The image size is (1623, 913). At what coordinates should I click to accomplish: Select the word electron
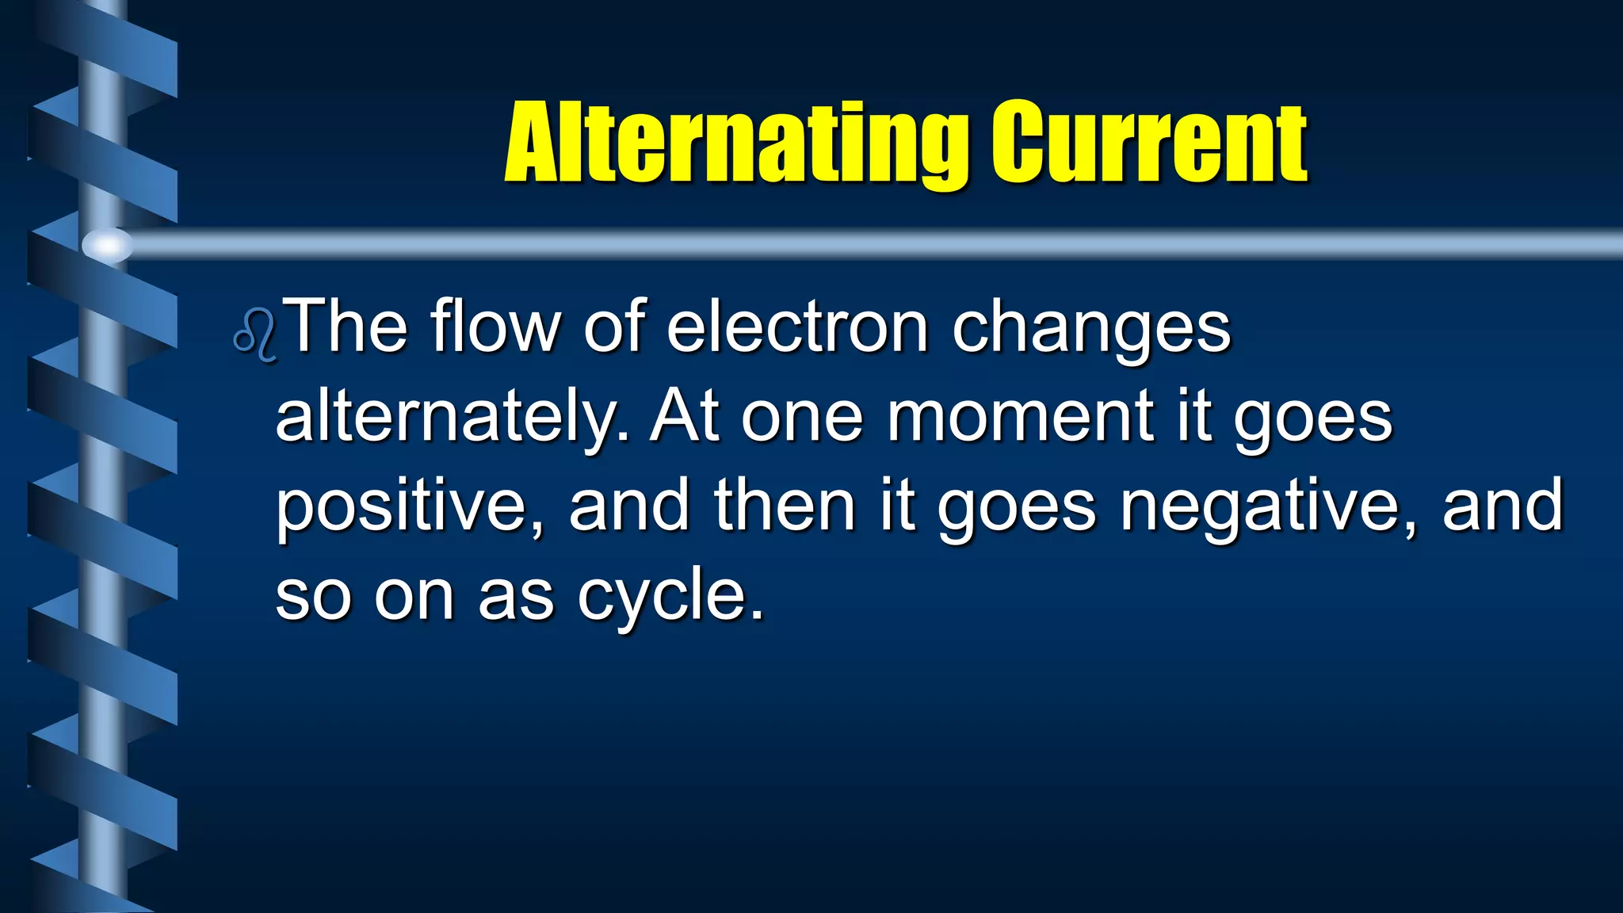coord(796,327)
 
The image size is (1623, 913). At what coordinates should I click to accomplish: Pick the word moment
coord(1021,417)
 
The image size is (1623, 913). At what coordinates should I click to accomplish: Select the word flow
coord(495,327)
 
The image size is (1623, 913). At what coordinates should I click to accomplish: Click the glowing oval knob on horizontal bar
coord(107,245)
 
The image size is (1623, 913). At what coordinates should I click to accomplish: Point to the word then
coord(785,506)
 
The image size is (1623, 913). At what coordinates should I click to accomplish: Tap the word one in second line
coord(801,418)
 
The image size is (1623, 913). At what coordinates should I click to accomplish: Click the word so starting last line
coord(313,596)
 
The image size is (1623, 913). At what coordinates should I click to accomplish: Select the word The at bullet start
coord(346,327)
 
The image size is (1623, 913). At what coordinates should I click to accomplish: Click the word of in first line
coord(614,327)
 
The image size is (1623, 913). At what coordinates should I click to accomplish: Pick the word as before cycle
coord(516,596)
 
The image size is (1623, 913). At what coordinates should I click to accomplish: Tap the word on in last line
coord(414,596)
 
